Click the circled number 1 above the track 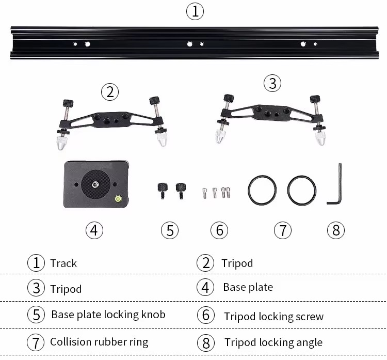tap(195, 11)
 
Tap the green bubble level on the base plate tap(118, 197)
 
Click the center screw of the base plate tap(96, 184)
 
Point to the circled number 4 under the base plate tap(93, 230)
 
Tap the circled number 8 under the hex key tap(335, 230)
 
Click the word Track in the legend tap(63, 263)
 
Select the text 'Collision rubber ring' tap(99, 342)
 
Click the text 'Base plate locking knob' tap(108, 315)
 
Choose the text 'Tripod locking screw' tap(273, 316)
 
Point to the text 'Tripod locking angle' tap(273, 342)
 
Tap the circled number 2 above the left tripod tap(109, 92)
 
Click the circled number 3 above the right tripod tap(272, 83)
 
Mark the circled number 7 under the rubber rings tap(282, 230)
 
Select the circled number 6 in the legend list tap(205, 315)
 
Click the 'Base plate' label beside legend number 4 tap(248, 287)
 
